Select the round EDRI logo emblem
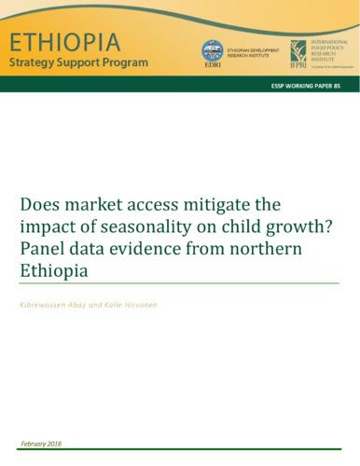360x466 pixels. (213, 50)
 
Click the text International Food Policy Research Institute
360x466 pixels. (328, 52)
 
